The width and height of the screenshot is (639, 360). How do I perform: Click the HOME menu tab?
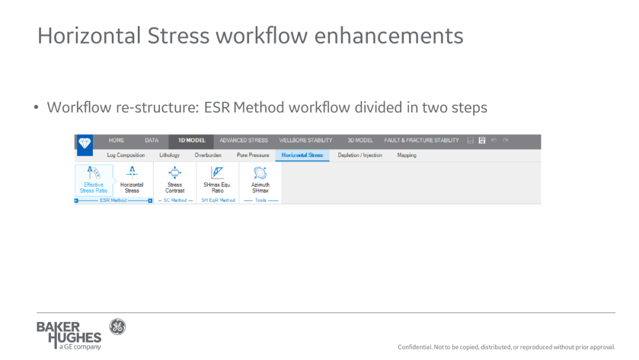116,140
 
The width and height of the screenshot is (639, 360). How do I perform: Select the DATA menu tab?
151,140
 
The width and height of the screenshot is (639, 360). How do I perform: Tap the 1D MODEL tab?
192,140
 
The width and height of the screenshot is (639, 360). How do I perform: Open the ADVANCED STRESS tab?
244,140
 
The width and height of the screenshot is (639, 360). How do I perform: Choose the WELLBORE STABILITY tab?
306,140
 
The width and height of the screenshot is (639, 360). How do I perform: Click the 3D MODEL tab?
360,140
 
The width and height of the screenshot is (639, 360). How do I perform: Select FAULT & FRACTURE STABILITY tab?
421,140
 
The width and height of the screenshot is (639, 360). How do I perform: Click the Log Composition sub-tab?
125,155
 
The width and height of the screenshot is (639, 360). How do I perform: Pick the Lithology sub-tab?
170,155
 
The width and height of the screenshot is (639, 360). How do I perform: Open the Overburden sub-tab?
208,155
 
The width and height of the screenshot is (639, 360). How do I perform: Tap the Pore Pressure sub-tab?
253,155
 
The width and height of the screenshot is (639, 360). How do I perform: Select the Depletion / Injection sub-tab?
360,155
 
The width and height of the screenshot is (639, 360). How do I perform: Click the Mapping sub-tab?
406,155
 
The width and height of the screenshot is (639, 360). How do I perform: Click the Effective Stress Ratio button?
93,180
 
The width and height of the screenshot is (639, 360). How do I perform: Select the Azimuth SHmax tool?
260,180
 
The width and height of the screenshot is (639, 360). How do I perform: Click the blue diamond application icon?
85,144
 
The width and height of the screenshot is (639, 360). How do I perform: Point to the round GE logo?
117,327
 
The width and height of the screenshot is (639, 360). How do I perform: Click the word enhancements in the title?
389,36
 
